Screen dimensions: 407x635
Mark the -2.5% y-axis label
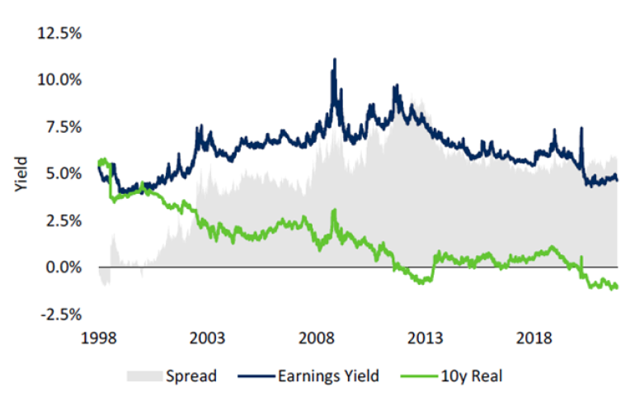pyautogui.click(x=59, y=315)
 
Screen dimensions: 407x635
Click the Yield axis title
pyautogui.click(x=21, y=174)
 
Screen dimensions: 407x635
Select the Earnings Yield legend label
pyautogui.click(x=327, y=376)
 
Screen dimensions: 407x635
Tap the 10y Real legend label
pyautogui.click(x=473, y=376)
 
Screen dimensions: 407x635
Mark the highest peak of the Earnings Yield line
pyautogui.click(x=334, y=59)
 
